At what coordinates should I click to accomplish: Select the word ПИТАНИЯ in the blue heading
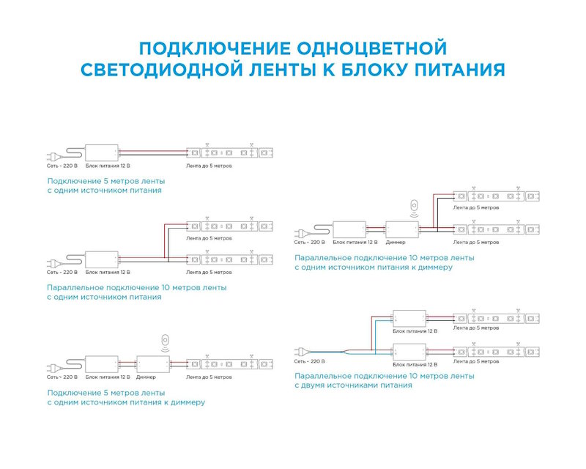pyautogui.click(x=459, y=70)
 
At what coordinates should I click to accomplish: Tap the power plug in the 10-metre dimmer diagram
pyautogui.click(x=300, y=229)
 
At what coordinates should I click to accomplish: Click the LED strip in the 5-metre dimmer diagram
pyautogui.click(x=230, y=363)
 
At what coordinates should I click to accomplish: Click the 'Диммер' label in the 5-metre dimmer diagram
pyautogui.click(x=146, y=377)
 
